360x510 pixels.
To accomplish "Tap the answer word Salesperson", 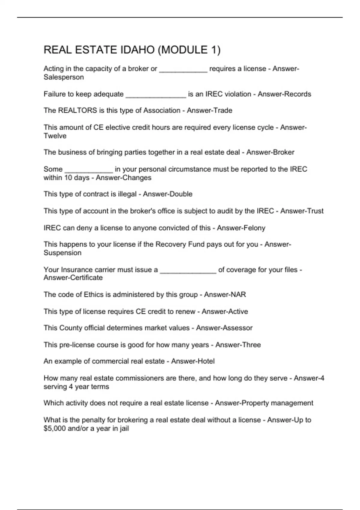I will tap(64, 77).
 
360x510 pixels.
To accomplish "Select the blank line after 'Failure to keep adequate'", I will tap(156, 96).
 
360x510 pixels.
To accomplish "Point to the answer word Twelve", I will tap(55, 136).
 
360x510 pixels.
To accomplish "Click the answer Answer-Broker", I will tap(270, 152).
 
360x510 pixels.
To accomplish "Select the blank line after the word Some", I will tap(89, 171).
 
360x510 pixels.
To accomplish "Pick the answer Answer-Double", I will tap(167, 194).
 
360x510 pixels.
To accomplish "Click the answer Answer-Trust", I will tap(302, 211).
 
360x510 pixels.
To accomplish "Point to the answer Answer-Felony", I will tap(241, 228).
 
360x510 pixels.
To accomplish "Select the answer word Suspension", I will tap(62, 253).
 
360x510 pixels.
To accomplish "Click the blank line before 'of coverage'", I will tap(188, 272).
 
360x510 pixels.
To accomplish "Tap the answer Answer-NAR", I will tap(225, 295).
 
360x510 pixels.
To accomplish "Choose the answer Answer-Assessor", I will tap(224, 328).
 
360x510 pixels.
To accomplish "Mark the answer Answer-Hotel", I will tap(193, 361).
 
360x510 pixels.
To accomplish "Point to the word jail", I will tap(124, 428).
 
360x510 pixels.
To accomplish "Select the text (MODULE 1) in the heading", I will tap(189, 50).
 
